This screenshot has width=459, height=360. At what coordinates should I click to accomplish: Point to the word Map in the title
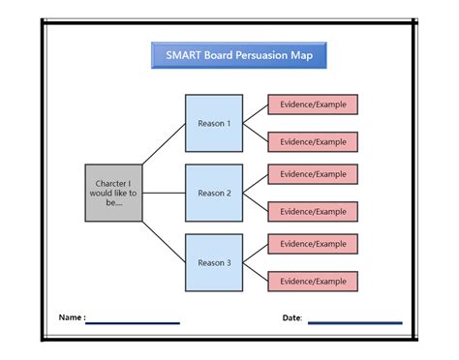[302, 55]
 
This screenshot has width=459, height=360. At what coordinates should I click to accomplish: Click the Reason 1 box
[214, 124]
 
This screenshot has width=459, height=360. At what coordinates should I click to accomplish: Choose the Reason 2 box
[214, 193]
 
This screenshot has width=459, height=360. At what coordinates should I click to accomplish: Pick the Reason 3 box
[214, 262]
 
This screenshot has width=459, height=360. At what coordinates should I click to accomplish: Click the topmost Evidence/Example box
[313, 105]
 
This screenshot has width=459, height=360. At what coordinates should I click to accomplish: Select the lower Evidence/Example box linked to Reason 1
[313, 142]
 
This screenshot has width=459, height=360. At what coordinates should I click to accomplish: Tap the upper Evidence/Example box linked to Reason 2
[313, 174]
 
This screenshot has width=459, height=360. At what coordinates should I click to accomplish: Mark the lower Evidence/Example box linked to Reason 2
[313, 211]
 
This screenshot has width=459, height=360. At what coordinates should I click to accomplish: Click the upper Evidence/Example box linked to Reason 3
[313, 243]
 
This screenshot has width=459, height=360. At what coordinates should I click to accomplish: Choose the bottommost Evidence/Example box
[313, 281]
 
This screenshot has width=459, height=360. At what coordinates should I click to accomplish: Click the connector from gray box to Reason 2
[166, 193]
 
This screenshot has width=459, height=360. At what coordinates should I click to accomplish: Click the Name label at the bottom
[71, 317]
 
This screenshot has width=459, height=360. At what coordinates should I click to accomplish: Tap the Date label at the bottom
[291, 317]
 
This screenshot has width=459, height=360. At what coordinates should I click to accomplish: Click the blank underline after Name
[133, 323]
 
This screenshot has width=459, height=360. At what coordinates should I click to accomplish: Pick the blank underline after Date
[354, 323]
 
